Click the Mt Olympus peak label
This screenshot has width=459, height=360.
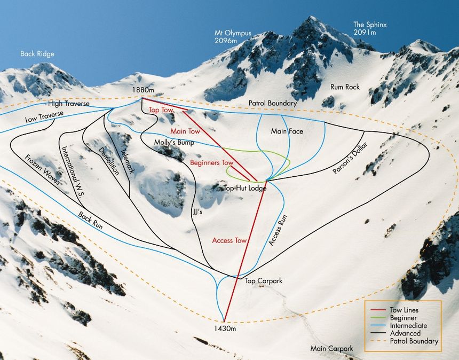point(233,36)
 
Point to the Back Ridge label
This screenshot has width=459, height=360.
point(37,54)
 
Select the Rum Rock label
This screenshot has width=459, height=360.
point(345,87)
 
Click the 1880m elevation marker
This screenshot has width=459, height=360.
point(143,91)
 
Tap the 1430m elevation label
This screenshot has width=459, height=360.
point(224,328)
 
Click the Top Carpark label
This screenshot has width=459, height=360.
point(263,280)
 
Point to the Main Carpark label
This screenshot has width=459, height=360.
point(331,349)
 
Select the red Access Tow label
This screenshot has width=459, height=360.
point(230,240)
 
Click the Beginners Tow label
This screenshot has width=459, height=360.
point(212,162)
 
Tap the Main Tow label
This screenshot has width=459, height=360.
point(185,131)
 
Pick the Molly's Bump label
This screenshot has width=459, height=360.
point(174,143)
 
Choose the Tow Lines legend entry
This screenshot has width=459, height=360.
point(404,310)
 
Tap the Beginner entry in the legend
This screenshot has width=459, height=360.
point(403,317)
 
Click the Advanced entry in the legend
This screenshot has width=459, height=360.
point(405,333)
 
